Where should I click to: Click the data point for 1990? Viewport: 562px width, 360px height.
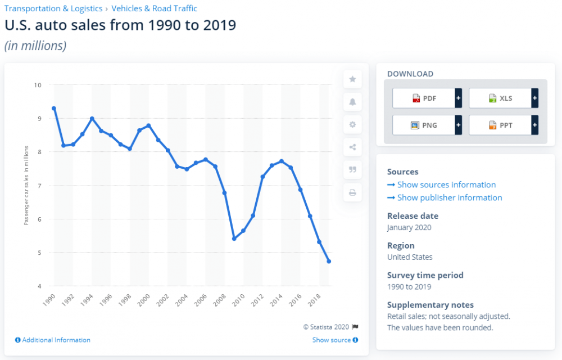coord(54,108)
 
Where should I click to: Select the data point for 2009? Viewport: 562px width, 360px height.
coord(234,238)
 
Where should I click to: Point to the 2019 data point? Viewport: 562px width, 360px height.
coord(329,262)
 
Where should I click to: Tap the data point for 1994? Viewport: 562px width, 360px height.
coord(92,119)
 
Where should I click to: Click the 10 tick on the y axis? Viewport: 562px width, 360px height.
coord(38,85)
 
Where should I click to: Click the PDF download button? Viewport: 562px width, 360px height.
coord(424,98)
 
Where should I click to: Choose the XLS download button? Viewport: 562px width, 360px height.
coord(500,98)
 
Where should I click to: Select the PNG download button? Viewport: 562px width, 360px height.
coord(424,125)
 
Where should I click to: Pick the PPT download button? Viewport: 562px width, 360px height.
coord(500,125)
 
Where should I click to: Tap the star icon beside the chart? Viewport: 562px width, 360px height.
coord(352,79)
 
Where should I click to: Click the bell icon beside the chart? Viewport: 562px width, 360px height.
coord(352,102)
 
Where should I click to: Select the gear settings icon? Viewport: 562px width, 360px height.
coord(352,125)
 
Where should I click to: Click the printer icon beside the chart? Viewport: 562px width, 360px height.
coord(352,193)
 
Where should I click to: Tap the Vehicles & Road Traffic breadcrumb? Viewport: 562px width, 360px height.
coord(155,8)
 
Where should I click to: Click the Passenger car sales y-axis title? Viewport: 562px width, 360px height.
coord(26,185)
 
